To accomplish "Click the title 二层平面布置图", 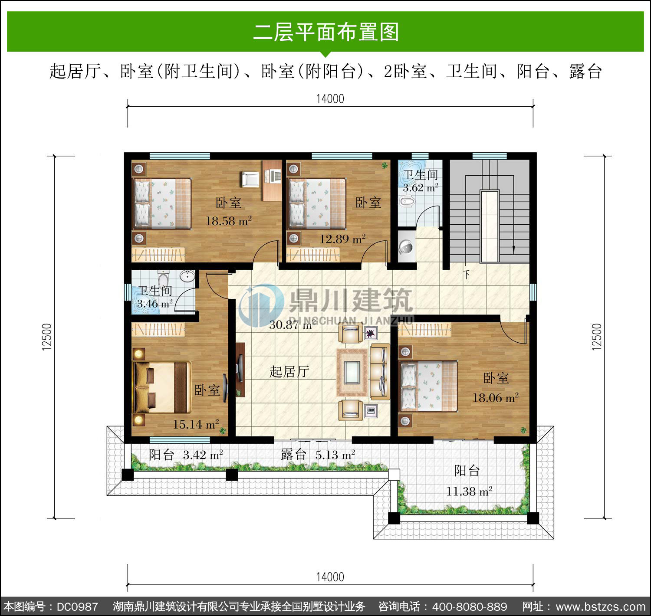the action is coord(326,32).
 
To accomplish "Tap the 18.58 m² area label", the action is coord(229,221).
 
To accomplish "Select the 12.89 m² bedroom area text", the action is coord(342,239).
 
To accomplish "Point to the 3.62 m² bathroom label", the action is coord(421,188).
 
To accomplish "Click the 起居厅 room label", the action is coord(289,372).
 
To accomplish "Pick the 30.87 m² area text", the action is coord(292,325).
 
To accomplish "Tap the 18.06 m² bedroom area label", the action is coord(495,397).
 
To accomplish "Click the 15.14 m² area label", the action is coord(196,424).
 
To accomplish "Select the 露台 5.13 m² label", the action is coord(318,455).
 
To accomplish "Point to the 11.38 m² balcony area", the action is coord(469,491).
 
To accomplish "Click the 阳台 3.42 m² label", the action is coord(186,455).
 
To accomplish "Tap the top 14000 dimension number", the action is coord(330,98).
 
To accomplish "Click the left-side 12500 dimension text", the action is coord(47,337).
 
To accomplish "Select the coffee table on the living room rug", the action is coord(352,372).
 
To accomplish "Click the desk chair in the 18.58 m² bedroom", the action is coord(250,180).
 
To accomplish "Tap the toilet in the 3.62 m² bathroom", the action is coord(408,201).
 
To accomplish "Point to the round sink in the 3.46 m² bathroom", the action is coord(187,276).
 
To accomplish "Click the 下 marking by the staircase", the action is coord(467,275).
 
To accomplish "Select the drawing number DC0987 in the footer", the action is coord(78,607).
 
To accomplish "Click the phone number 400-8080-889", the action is coord(470,607).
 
